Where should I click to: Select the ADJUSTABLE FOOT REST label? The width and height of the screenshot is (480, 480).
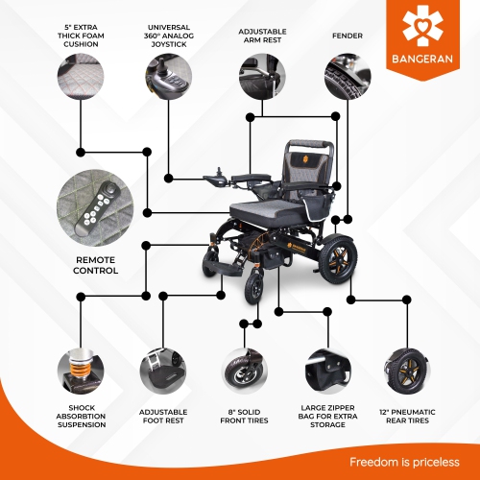162,420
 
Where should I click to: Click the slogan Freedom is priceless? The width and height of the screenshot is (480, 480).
402,461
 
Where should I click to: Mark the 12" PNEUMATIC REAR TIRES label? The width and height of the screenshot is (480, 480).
407,420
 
